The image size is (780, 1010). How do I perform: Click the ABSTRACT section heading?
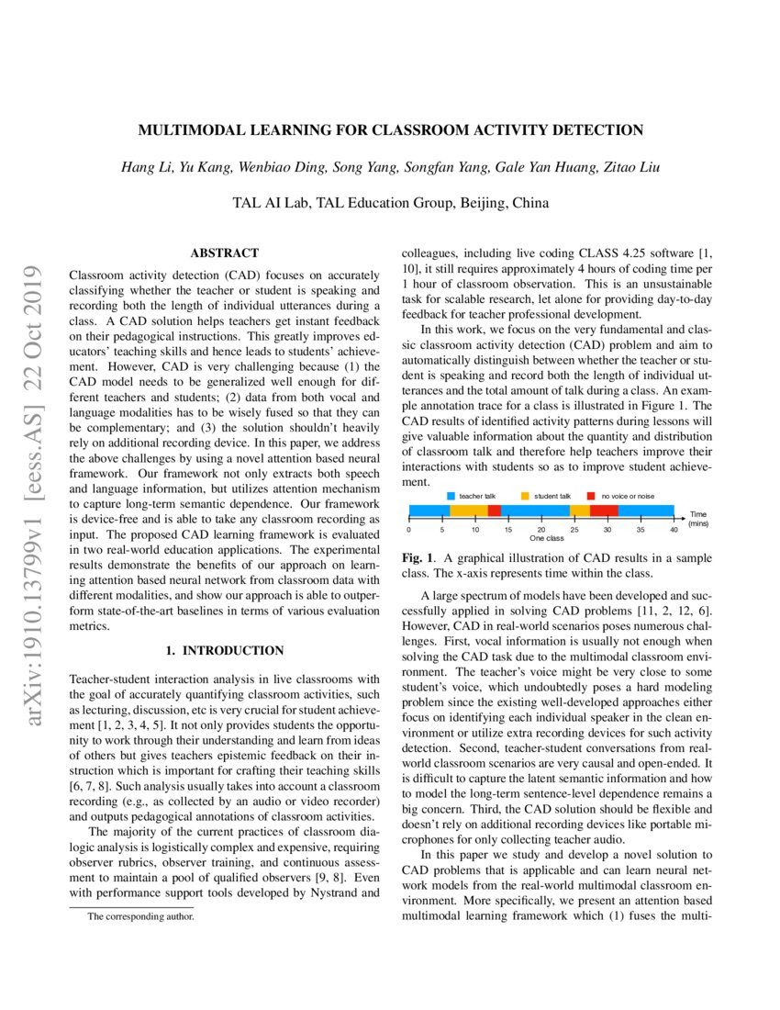(224, 252)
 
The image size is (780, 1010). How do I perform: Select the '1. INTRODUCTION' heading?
(224, 651)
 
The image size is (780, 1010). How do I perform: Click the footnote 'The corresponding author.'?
(140, 916)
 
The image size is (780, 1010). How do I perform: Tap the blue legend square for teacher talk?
(451, 496)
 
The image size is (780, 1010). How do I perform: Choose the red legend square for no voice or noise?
(592, 496)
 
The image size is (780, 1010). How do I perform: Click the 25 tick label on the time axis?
(574, 530)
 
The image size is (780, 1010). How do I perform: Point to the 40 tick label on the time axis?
(674, 530)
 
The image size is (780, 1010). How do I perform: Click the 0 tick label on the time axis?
(408, 530)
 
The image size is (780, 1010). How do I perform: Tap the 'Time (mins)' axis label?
(699, 519)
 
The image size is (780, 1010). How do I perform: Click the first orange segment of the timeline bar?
(468, 511)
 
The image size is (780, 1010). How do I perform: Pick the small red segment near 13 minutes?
(495, 511)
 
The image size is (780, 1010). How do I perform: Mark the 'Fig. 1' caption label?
(418, 558)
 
